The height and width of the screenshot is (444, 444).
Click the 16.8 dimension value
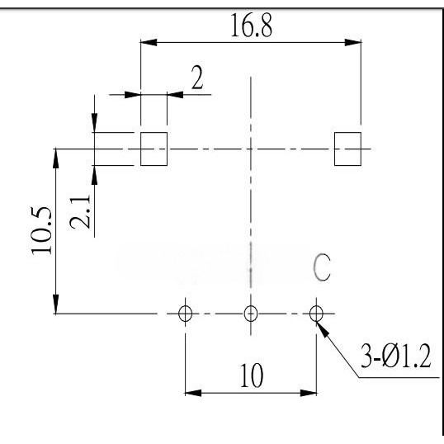[x=252, y=26]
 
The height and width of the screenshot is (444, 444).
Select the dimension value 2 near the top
[x=197, y=78]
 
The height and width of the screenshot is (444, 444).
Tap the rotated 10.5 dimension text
[x=41, y=231]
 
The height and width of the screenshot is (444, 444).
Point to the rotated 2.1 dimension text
[x=80, y=211]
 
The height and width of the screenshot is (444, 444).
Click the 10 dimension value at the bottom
[x=252, y=376]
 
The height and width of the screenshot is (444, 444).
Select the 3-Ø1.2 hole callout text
[x=396, y=356]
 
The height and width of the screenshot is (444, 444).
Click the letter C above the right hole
[x=322, y=267]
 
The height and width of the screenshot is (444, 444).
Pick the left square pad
[x=154, y=149]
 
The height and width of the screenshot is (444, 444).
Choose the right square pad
[x=347, y=149]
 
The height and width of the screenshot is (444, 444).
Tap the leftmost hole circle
[x=185, y=307]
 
